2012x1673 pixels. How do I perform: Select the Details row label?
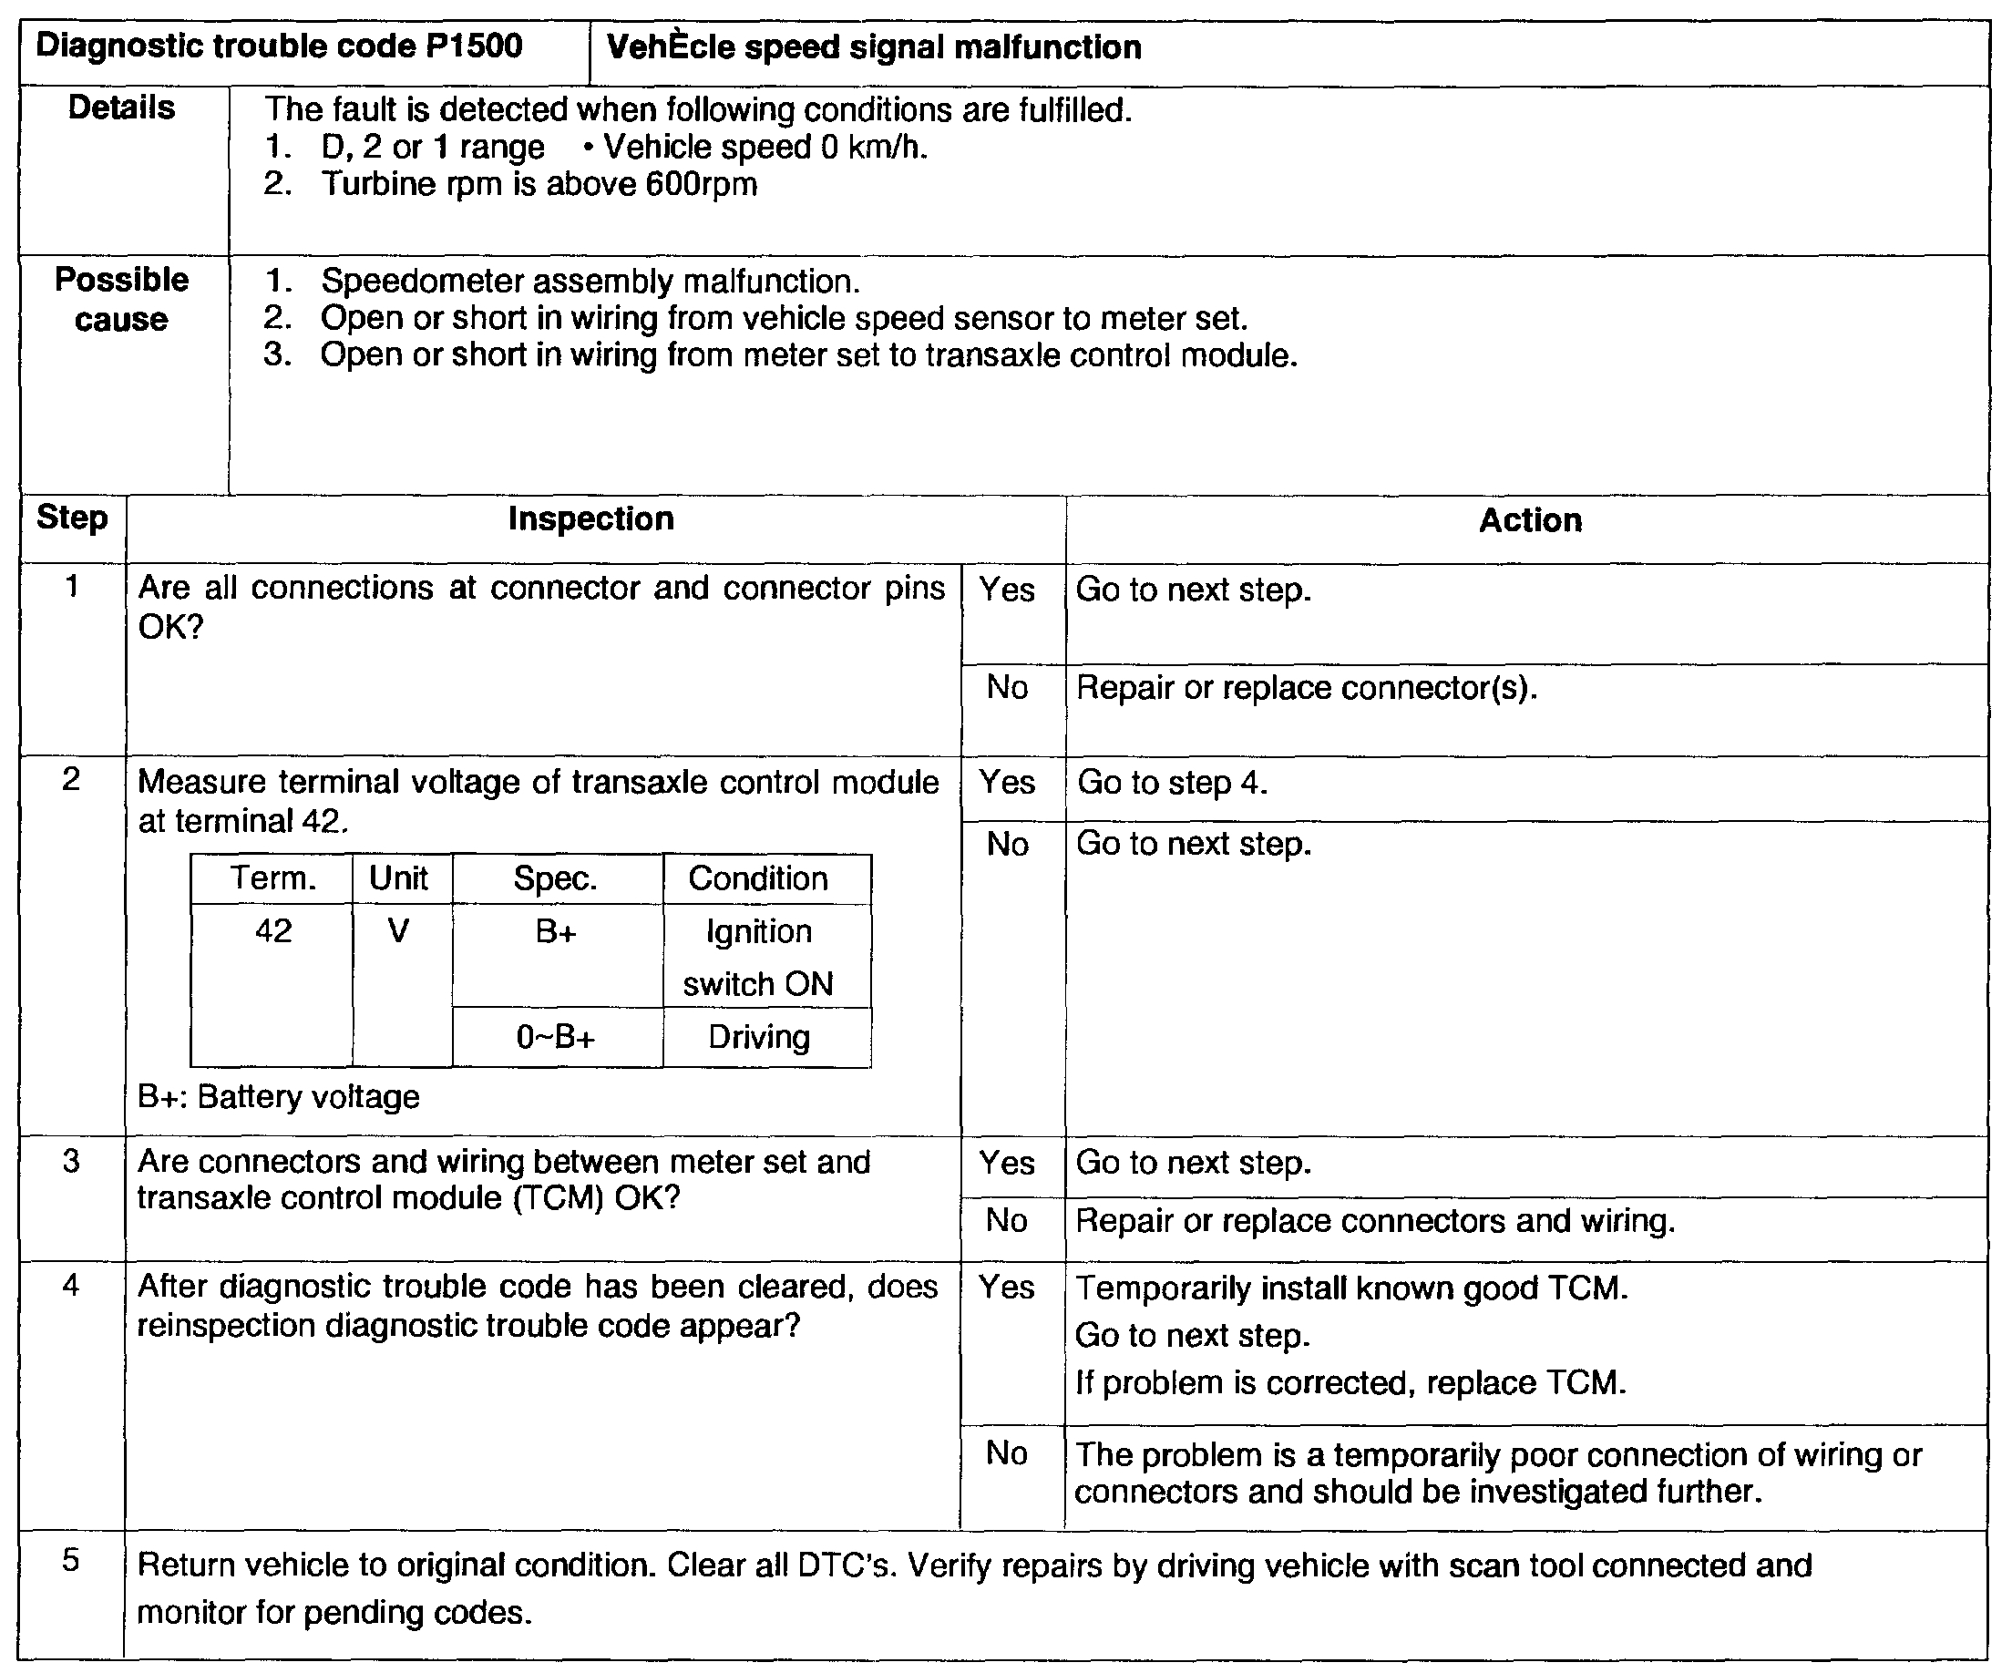pyautogui.click(x=122, y=108)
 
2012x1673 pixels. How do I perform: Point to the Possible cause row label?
pyautogui.click(x=122, y=299)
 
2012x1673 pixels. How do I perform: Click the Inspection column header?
pyautogui.click(x=591, y=519)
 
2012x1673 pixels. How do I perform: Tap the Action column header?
pyautogui.click(x=1530, y=520)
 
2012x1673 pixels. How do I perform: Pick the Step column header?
pyautogui.click(x=72, y=518)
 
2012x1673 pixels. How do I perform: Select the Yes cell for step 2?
pyautogui.click(x=1007, y=783)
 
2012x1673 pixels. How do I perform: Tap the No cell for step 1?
pyautogui.click(x=1007, y=688)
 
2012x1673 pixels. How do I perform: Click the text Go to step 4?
pyautogui.click(x=1172, y=783)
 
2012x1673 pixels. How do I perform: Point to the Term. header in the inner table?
pyautogui.click(x=273, y=878)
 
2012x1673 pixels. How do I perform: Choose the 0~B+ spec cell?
pyautogui.click(x=556, y=1038)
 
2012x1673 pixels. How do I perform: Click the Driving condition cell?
pyautogui.click(x=759, y=1038)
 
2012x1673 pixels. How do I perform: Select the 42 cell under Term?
pyautogui.click(x=273, y=931)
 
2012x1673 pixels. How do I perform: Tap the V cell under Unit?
pyautogui.click(x=398, y=931)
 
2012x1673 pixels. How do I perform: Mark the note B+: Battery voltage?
pyautogui.click(x=279, y=1097)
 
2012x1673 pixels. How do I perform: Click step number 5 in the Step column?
pyautogui.click(x=72, y=1561)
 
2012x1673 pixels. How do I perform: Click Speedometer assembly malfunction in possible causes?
pyautogui.click(x=590, y=282)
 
